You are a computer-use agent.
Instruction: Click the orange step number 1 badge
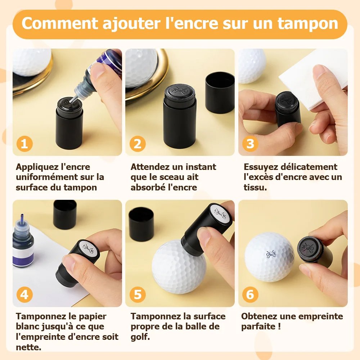tap(24, 144)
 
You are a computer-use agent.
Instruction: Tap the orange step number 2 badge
tap(138, 144)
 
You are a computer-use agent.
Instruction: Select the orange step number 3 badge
tap(250, 144)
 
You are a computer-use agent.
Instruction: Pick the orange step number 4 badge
tap(24, 294)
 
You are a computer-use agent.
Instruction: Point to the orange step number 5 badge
tap(138, 294)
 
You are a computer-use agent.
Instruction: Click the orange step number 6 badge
tap(250, 294)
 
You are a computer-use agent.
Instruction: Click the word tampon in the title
tap(308, 24)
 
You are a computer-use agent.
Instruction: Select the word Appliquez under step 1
tap(37, 167)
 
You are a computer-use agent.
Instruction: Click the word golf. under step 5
tap(140, 337)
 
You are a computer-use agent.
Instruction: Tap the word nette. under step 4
tap(28, 347)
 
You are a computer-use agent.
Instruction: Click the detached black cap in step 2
tap(220, 93)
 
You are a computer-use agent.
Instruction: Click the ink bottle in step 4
tap(23, 241)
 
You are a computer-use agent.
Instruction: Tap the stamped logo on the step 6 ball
tap(271, 254)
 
